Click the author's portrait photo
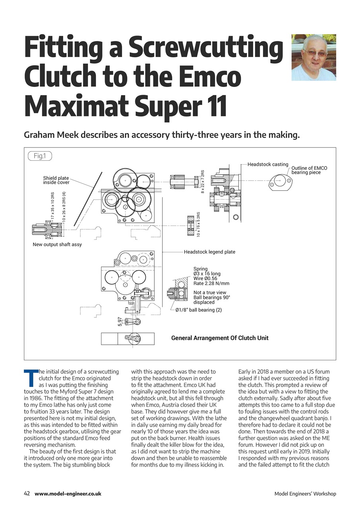tap(313, 57)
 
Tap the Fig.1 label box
tap(40, 156)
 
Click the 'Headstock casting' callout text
tap(268, 164)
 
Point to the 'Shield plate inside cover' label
tap(56, 180)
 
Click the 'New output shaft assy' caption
tap(57, 244)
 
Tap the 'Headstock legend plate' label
tap(209, 252)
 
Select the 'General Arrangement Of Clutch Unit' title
tap(220, 338)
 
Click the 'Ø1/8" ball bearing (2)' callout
tap(198, 310)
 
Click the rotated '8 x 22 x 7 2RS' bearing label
tap(202, 181)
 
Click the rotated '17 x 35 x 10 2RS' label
tap(53, 206)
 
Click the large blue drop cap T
tap(30, 378)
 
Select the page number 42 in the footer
tap(27, 493)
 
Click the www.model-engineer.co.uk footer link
tap(68, 493)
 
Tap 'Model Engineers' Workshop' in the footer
tap(305, 494)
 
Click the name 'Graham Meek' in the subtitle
tap(51, 135)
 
